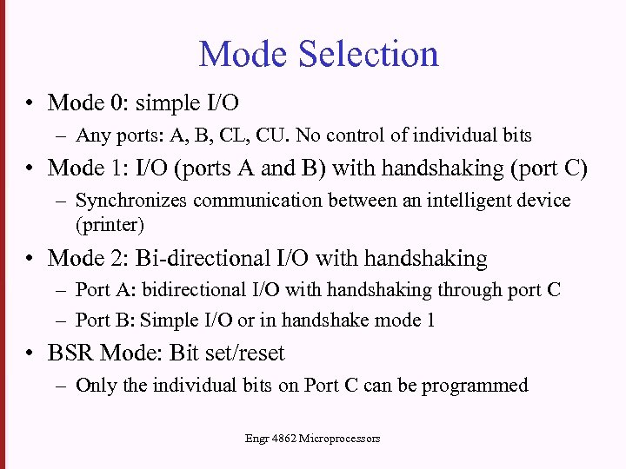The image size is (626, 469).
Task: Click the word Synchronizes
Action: [131, 201]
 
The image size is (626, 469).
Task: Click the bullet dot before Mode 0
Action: [30, 104]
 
